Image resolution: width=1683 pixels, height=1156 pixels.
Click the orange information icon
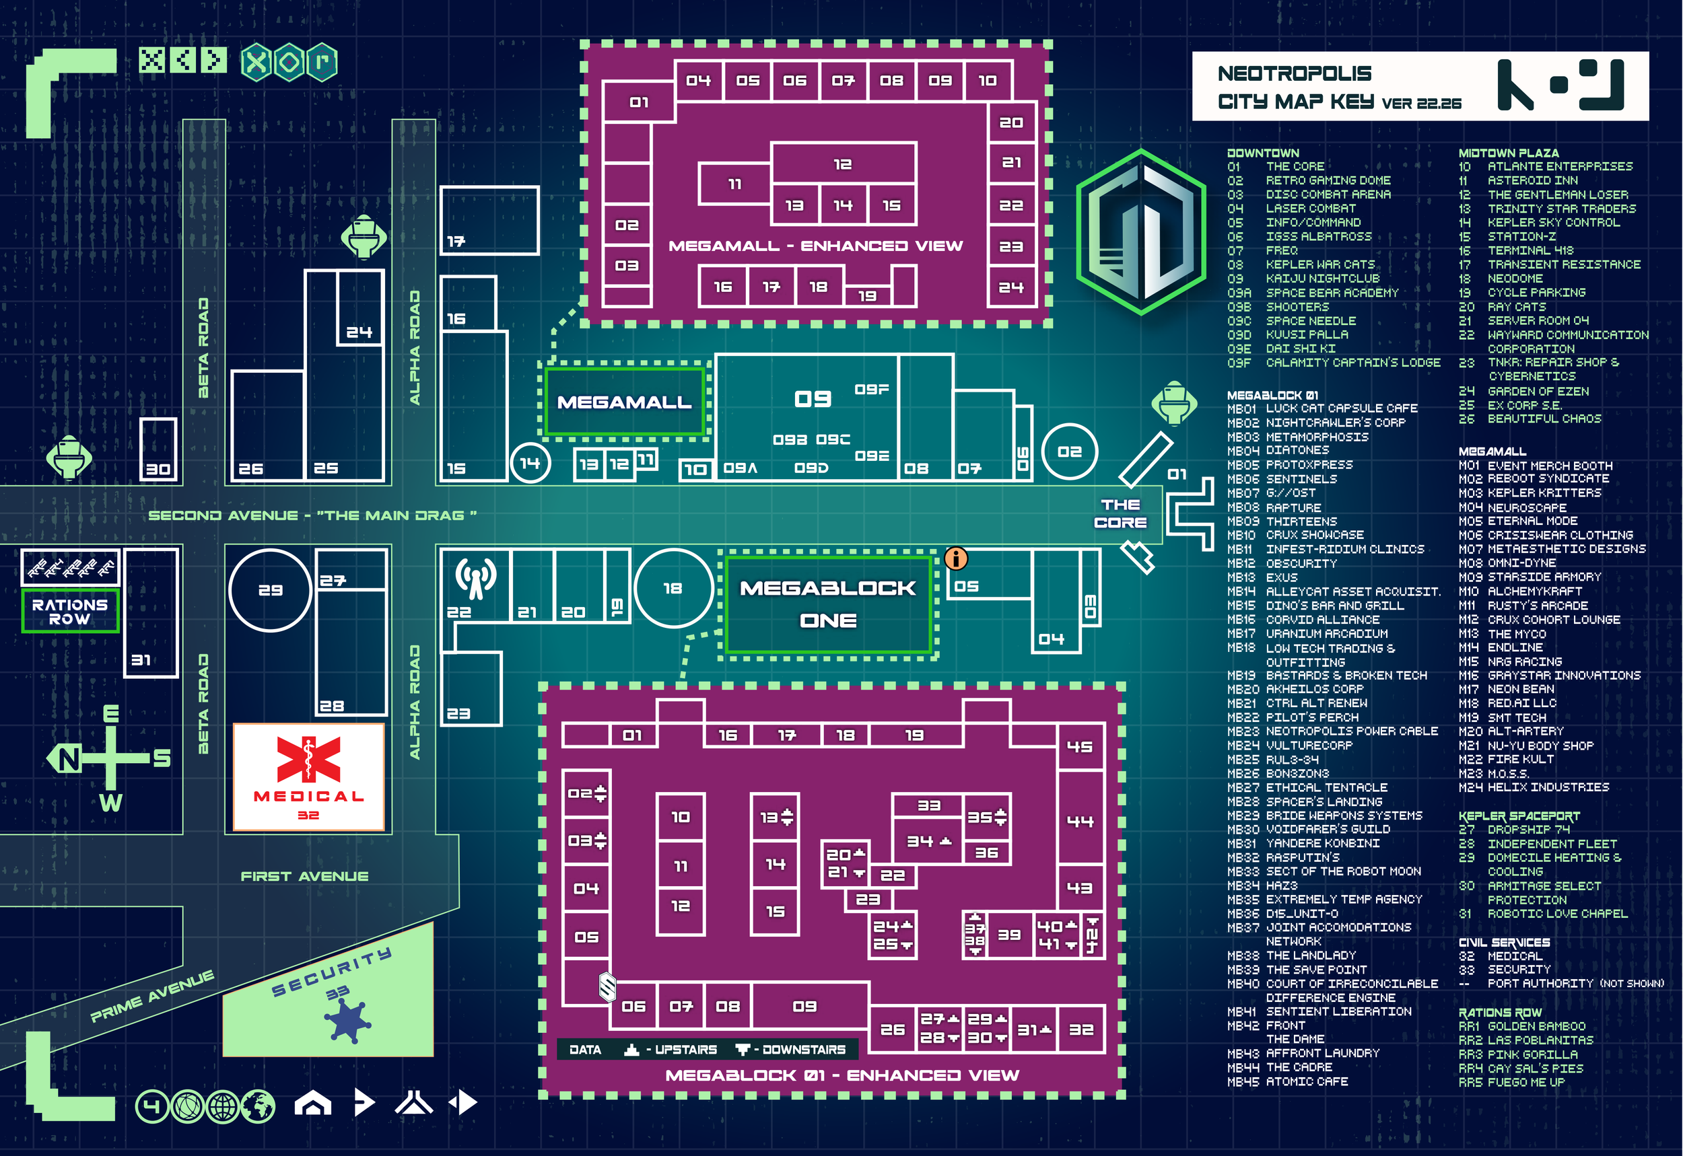click(x=956, y=558)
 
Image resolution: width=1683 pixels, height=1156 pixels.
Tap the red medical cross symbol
click(x=308, y=759)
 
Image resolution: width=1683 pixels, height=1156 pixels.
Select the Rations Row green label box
click(x=69, y=612)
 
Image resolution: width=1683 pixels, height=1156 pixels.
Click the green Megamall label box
click(x=624, y=402)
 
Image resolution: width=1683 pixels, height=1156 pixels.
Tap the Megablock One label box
click(x=828, y=604)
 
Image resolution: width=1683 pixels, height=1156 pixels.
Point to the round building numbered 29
click(x=270, y=590)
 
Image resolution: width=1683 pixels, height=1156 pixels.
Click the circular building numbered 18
click(x=673, y=588)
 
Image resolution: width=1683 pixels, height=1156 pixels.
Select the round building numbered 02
click(x=1069, y=451)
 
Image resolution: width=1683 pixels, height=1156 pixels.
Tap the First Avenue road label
click(x=304, y=876)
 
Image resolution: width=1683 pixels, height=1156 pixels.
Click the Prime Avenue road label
click(x=152, y=996)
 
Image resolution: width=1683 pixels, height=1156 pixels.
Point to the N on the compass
click(x=68, y=759)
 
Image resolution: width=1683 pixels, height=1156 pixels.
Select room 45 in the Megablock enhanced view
click(x=1080, y=746)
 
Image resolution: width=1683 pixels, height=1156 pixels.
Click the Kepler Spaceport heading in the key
click(x=1519, y=816)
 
